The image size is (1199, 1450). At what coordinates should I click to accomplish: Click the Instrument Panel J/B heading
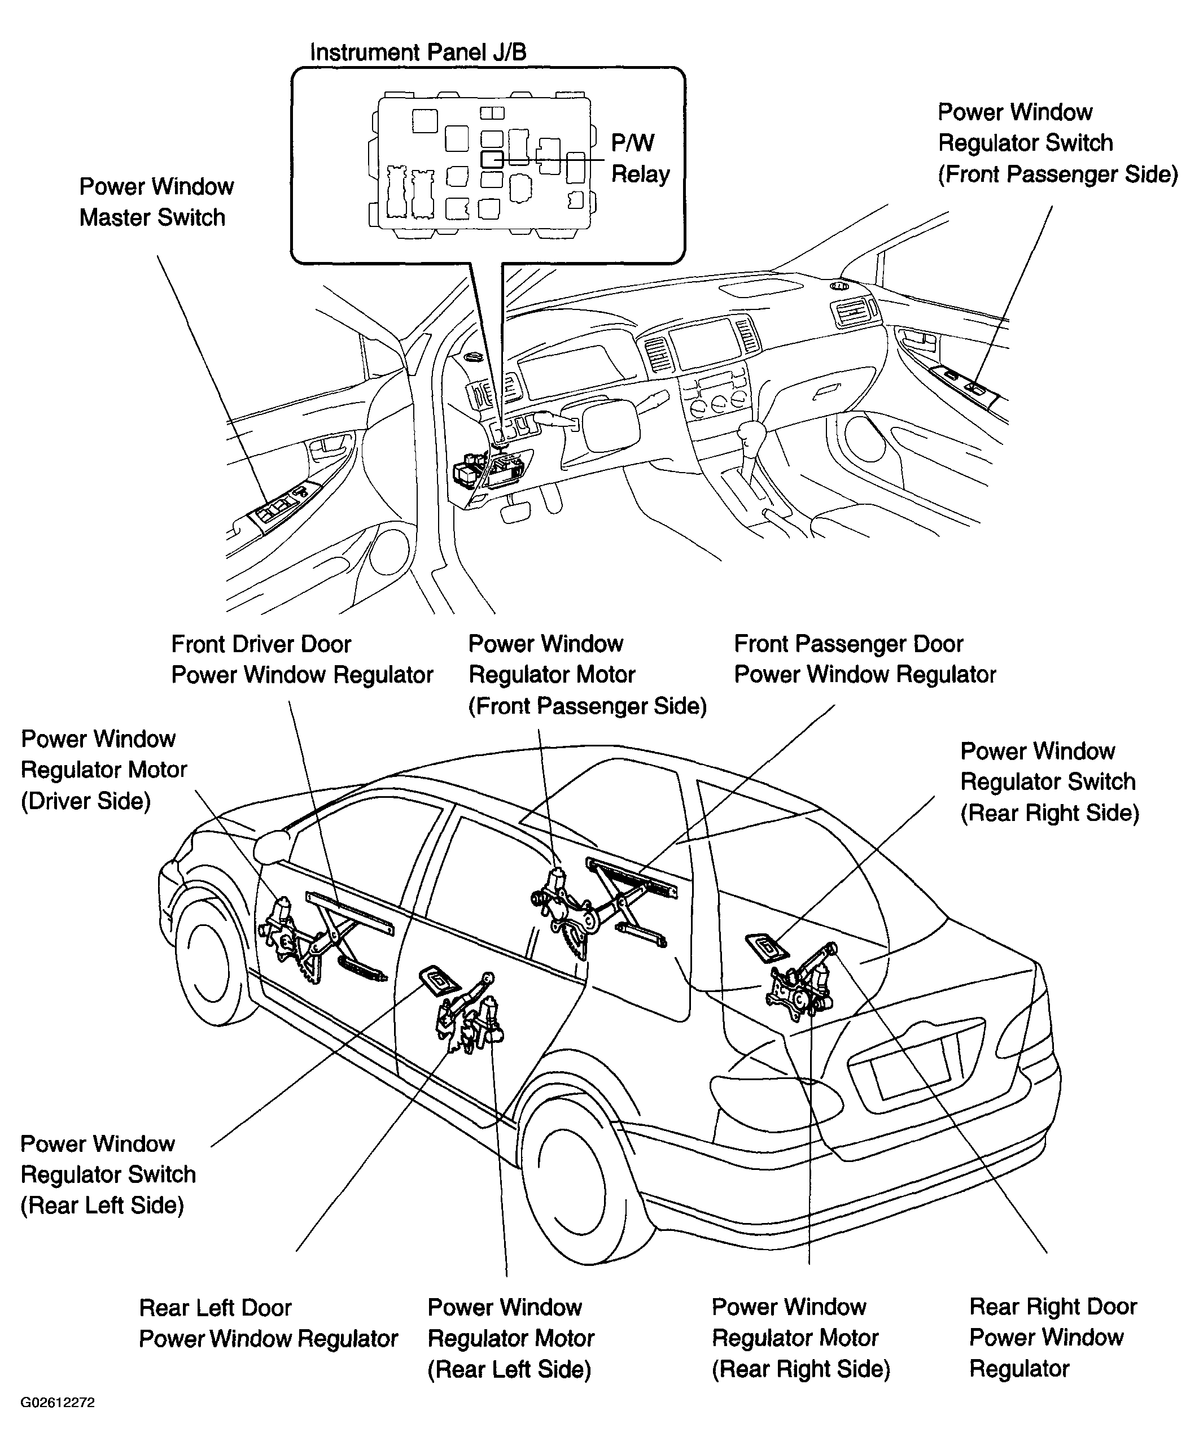click(418, 53)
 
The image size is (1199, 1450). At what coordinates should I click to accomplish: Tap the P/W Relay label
click(640, 158)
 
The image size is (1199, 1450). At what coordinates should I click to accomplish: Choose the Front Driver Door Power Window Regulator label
click(301, 660)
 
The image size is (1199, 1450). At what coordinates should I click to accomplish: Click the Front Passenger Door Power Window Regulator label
click(864, 660)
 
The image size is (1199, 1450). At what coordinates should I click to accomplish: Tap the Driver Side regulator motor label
click(103, 770)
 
